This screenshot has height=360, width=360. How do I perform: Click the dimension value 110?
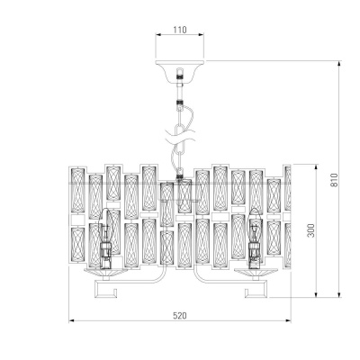coord(180,30)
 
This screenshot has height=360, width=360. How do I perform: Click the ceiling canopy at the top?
coord(180,69)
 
